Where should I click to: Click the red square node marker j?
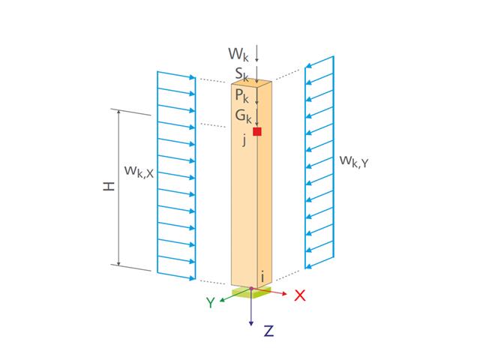(x=257, y=131)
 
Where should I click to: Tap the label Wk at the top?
(x=238, y=53)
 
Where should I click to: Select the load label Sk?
(x=241, y=74)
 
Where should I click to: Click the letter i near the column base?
(x=262, y=277)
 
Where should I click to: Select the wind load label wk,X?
(x=139, y=172)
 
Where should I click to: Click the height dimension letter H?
(x=109, y=184)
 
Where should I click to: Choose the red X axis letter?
(x=300, y=295)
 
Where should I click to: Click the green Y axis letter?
(x=211, y=303)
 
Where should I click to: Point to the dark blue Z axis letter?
(x=268, y=331)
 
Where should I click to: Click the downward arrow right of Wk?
(x=257, y=53)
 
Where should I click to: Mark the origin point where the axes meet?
(x=251, y=289)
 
